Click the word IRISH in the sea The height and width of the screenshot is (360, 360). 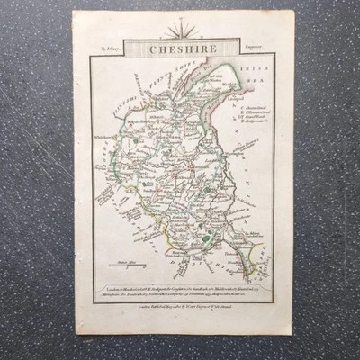coord(252,68)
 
